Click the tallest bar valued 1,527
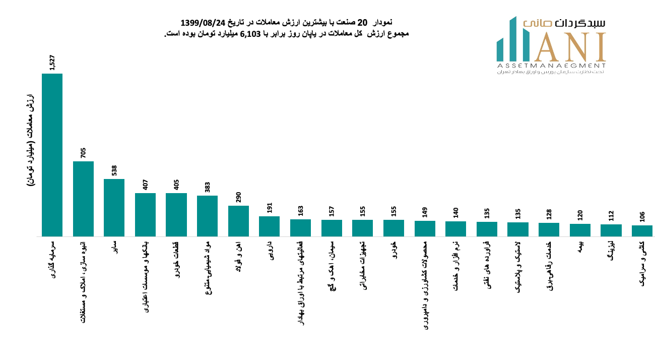click(52, 155)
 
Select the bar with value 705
click(83, 199)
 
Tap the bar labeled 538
click(114, 208)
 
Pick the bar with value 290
click(238, 221)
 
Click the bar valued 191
click(269, 226)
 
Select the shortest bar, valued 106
click(642, 231)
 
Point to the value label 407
click(146, 185)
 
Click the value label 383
click(208, 187)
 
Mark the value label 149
click(425, 212)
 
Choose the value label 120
click(580, 215)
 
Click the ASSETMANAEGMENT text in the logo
click(551, 66)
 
